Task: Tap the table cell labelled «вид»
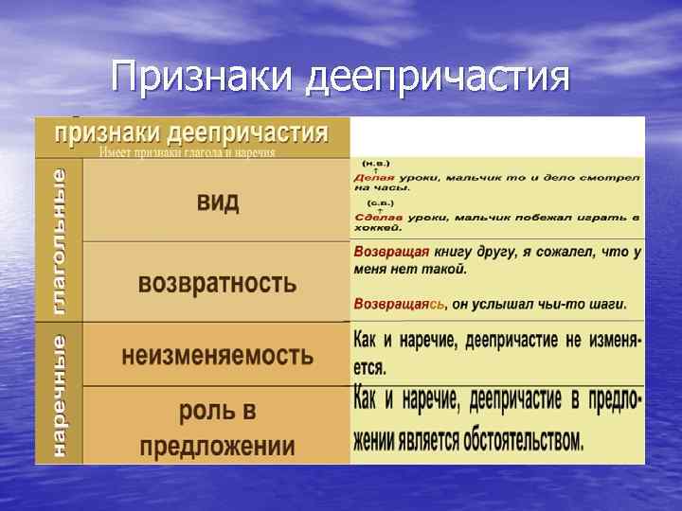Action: click(217, 202)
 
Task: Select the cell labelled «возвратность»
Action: click(217, 282)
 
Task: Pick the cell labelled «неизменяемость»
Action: click(217, 355)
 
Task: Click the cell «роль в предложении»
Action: click(217, 429)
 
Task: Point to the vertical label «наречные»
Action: click(59, 395)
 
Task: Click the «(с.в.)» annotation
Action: click(380, 203)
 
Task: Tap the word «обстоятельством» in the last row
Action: click(526, 440)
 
